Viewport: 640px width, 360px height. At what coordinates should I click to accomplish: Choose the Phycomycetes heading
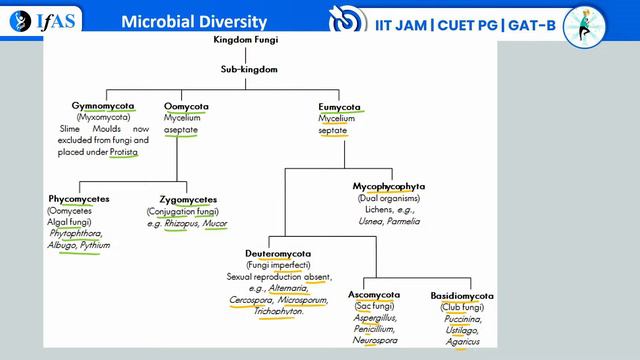tap(79, 199)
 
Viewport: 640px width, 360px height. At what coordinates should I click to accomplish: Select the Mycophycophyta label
tap(389, 186)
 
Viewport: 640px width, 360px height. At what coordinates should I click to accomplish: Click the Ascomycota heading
tap(374, 295)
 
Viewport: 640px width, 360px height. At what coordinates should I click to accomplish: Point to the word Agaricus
tap(462, 343)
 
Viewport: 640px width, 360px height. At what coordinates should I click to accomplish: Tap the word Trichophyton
tap(280, 311)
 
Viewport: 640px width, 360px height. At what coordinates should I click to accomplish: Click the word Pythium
tap(96, 245)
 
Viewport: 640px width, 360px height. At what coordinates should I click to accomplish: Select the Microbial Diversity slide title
tap(194, 21)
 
